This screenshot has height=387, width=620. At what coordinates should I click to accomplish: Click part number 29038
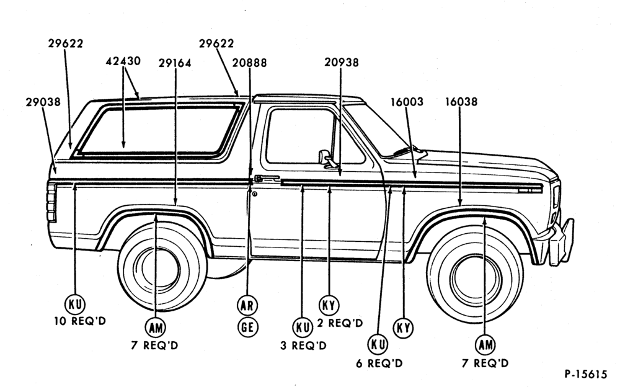click(x=43, y=102)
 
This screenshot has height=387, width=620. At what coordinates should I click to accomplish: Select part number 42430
click(x=123, y=61)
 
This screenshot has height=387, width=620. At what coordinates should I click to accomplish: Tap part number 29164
click(x=175, y=63)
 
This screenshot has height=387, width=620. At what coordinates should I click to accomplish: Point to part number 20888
click(x=249, y=63)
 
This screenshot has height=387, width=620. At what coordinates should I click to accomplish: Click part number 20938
click(x=342, y=63)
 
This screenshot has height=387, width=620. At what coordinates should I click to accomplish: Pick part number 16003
click(x=407, y=102)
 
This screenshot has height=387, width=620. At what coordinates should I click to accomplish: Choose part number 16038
click(x=461, y=102)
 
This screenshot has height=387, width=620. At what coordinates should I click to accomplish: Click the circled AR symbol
click(x=247, y=306)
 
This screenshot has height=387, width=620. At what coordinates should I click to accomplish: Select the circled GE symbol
click(x=247, y=327)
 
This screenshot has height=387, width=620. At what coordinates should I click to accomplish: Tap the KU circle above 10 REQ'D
click(x=75, y=304)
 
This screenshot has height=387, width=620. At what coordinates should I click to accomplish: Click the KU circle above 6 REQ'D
click(x=378, y=344)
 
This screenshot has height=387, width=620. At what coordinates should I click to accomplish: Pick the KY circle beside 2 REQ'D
click(x=329, y=305)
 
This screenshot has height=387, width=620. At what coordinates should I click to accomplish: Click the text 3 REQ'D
click(x=304, y=346)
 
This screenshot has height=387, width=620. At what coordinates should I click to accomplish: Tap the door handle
click(x=267, y=179)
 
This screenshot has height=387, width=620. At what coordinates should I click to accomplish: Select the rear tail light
click(x=51, y=202)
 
